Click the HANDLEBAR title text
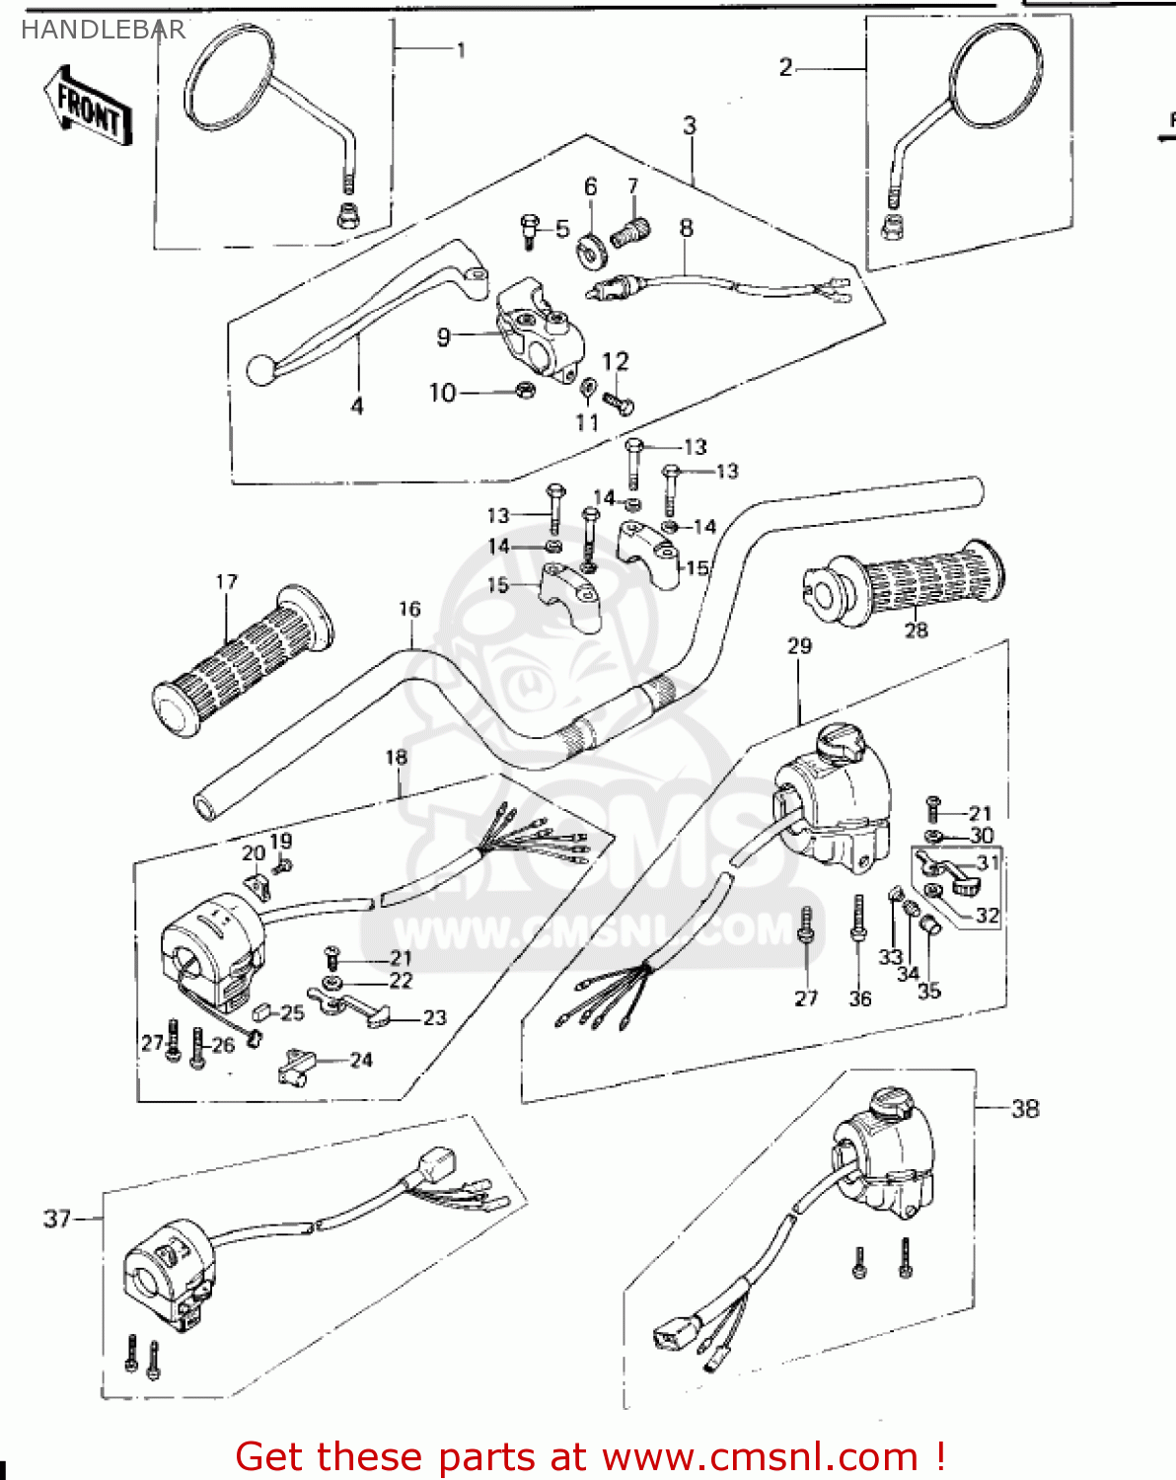pyautogui.click(x=103, y=31)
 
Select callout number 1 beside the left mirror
pyautogui.click(x=460, y=49)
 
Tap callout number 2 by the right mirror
pyautogui.click(x=785, y=67)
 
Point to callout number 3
pyautogui.click(x=690, y=125)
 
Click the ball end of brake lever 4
pyautogui.click(x=260, y=370)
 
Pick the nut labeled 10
pyautogui.click(x=526, y=391)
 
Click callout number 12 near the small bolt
pyautogui.click(x=615, y=362)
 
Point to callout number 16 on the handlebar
pyautogui.click(x=409, y=609)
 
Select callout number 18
pyautogui.click(x=396, y=757)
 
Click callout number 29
pyautogui.click(x=799, y=645)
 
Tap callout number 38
pyautogui.click(x=1025, y=1108)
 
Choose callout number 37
pyautogui.click(x=57, y=1219)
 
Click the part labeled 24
pyautogui.click(x=296, y=1067)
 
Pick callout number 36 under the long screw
pyautogui.click(x=860, y=999)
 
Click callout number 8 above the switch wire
pyautogui.click(x=687, y=228)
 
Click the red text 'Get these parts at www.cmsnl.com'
pyautogui.click(x=590, y=1456)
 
